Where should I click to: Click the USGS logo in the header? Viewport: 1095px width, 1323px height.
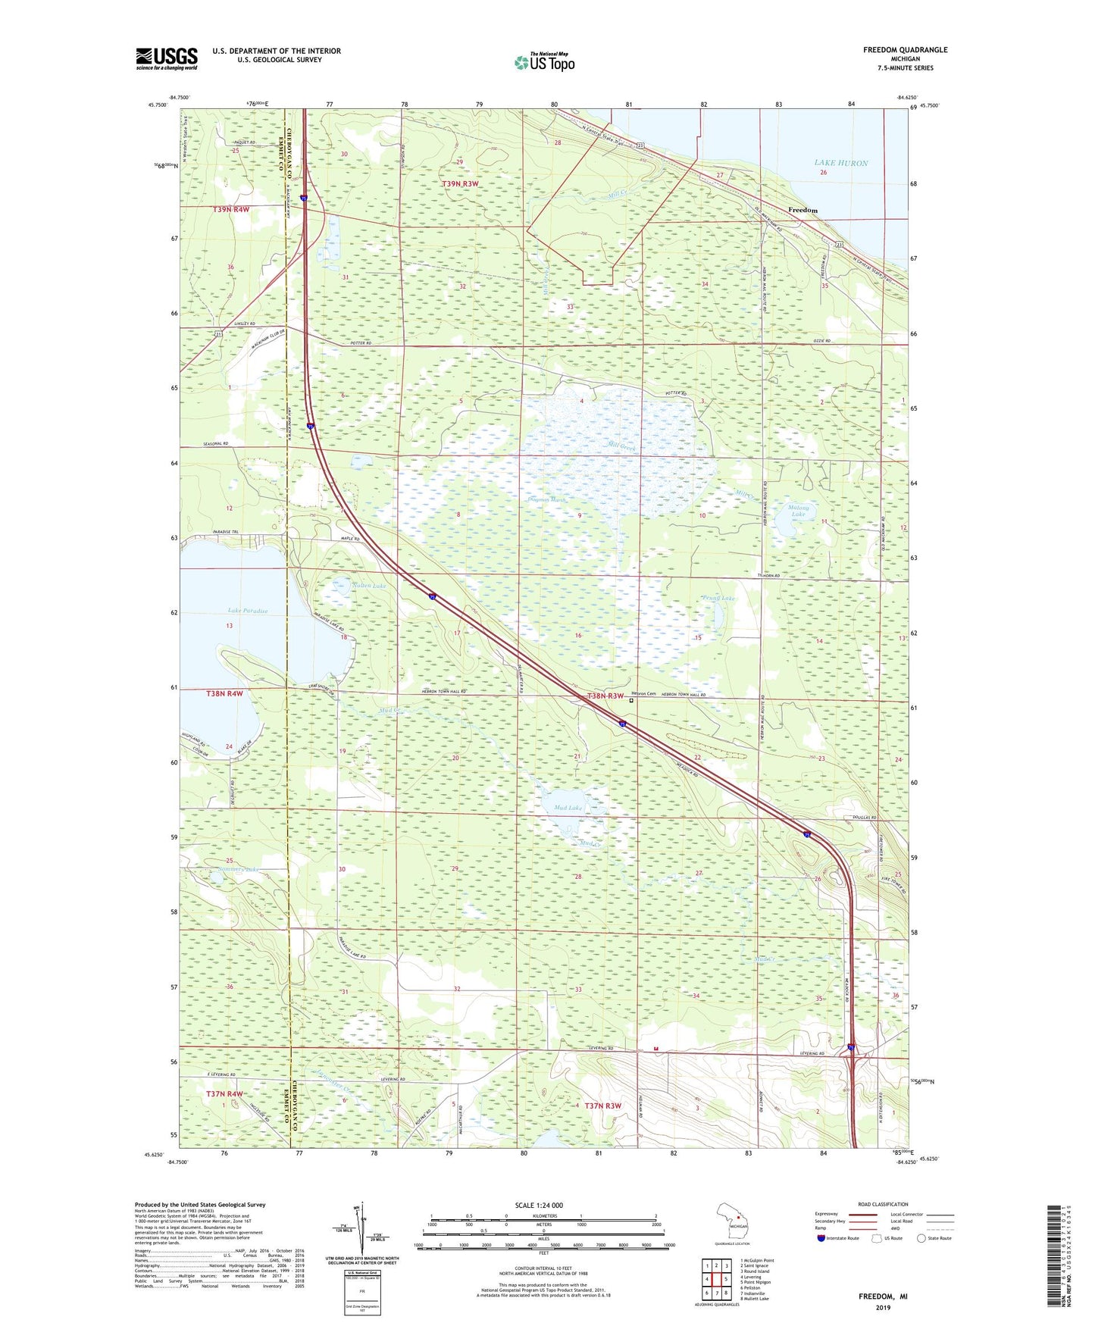(x=166, y=58)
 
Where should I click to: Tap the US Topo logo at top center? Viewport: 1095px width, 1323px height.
(x=544, y=62)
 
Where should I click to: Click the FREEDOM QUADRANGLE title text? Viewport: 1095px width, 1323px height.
(x=905, y=50)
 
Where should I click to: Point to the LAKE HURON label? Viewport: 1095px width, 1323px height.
(x=840, y=163)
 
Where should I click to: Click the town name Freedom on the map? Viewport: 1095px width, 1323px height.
(x=802, y=210)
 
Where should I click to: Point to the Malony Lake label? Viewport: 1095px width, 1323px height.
(x=799, y=511)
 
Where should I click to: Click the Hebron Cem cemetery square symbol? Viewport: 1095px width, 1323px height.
(x=631, y=701)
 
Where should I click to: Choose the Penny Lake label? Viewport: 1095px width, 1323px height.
(x=718, y=599)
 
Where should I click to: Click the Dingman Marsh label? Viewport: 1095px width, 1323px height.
(x=546, y=500)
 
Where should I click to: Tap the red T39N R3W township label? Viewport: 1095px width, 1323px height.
(x=460, y=184)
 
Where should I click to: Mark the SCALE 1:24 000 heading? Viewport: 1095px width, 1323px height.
(x=539, y=1205)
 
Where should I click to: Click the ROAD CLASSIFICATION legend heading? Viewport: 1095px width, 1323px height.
(x=882, y=1204)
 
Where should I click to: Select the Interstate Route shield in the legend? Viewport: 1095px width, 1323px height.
(x=821, y=1238)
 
